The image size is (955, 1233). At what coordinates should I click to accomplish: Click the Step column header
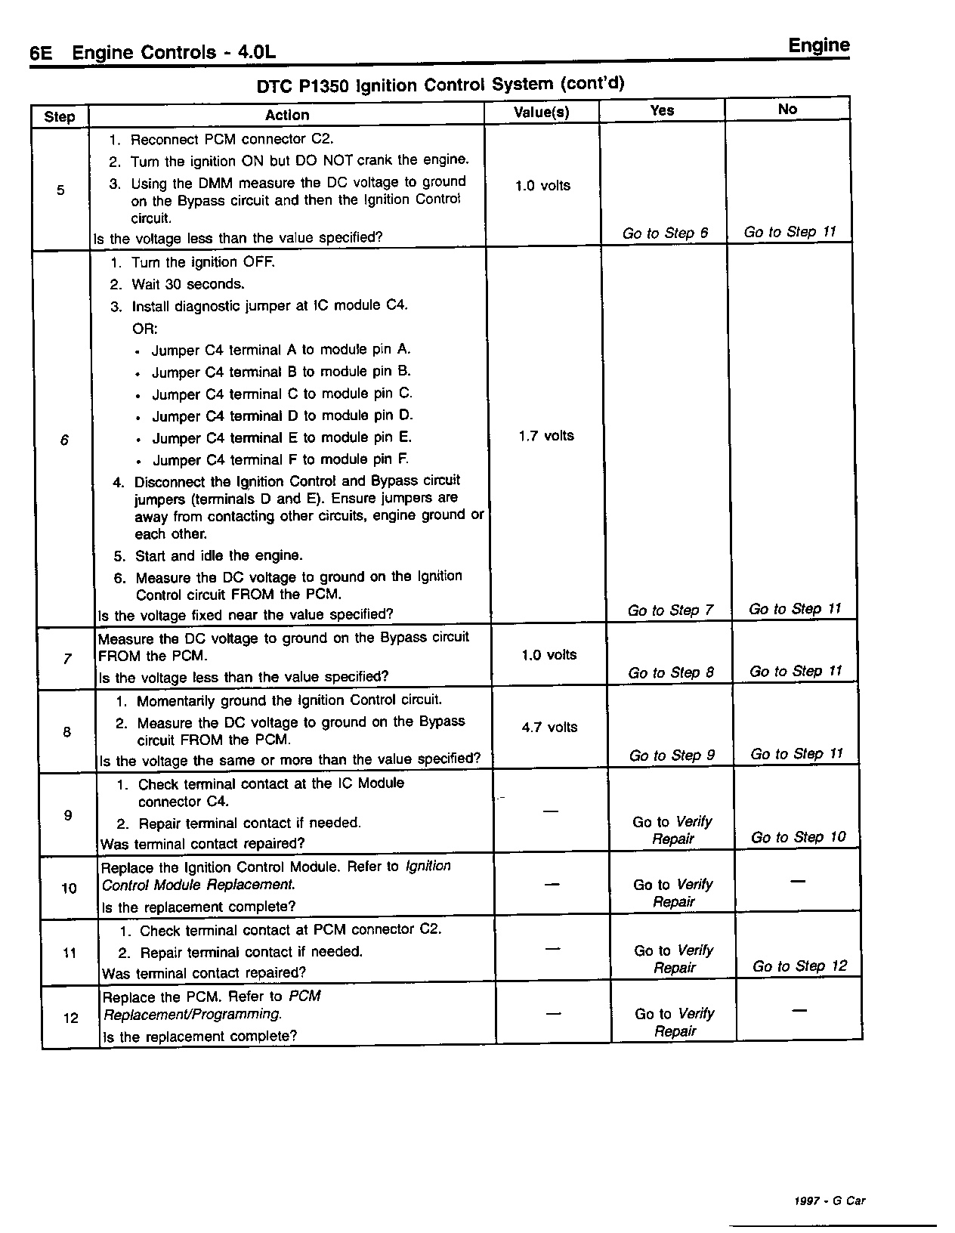coord(59,116)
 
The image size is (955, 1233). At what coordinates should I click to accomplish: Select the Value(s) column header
coord(541,113)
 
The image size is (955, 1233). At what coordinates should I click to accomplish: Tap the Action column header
coord(286,115)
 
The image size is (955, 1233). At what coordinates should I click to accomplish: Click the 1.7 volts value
coord(545,436)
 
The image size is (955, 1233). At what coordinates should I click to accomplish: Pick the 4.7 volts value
coord(549,728)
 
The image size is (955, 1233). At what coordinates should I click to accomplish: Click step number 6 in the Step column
coord(64,440)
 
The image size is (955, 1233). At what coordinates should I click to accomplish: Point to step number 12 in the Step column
coord(70,1018)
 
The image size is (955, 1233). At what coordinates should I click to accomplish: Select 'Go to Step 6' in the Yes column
coord(665,233)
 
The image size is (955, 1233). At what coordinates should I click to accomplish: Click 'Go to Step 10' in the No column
coord(799,837)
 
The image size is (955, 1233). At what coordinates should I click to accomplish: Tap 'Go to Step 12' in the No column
coord(800,966)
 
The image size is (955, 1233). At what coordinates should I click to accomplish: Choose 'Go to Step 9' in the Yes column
coord(672,756)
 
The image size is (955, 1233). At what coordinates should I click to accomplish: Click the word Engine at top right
coord(819,45)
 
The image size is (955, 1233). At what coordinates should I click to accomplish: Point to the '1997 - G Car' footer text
coord(830,1201)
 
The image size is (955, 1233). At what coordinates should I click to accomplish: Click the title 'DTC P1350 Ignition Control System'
coord(440,85)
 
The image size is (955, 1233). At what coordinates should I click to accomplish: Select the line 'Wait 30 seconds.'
coord(187,285)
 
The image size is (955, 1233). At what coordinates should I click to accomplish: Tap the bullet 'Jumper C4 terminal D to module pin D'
coord(282,416)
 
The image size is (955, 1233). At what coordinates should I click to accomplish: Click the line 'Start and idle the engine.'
coord(218,556)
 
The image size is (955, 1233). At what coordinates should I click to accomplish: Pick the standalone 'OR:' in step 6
coord(145,329)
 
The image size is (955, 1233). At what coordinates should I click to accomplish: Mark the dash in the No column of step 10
coord(798,882)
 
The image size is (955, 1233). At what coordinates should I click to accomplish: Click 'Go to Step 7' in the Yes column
coord(670,610)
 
